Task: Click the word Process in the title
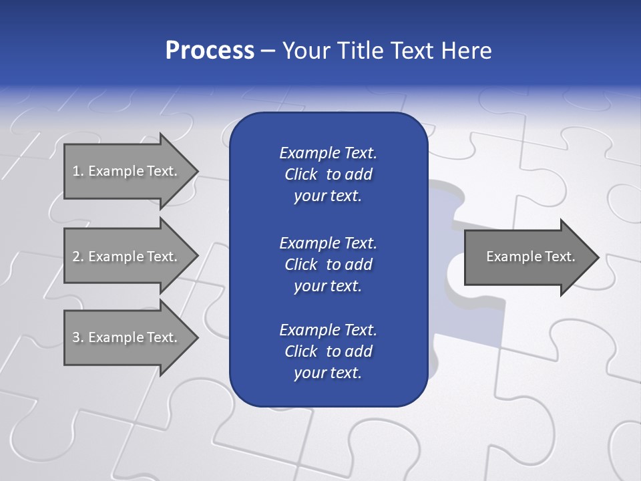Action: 210,51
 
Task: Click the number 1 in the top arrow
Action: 76,171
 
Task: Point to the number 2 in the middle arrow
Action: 76,257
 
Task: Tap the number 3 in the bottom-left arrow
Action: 76,337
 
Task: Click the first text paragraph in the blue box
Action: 328,174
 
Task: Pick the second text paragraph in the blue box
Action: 328,264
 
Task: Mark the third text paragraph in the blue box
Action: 328,351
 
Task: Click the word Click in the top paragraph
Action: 300,174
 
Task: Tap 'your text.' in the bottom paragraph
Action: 328,373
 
